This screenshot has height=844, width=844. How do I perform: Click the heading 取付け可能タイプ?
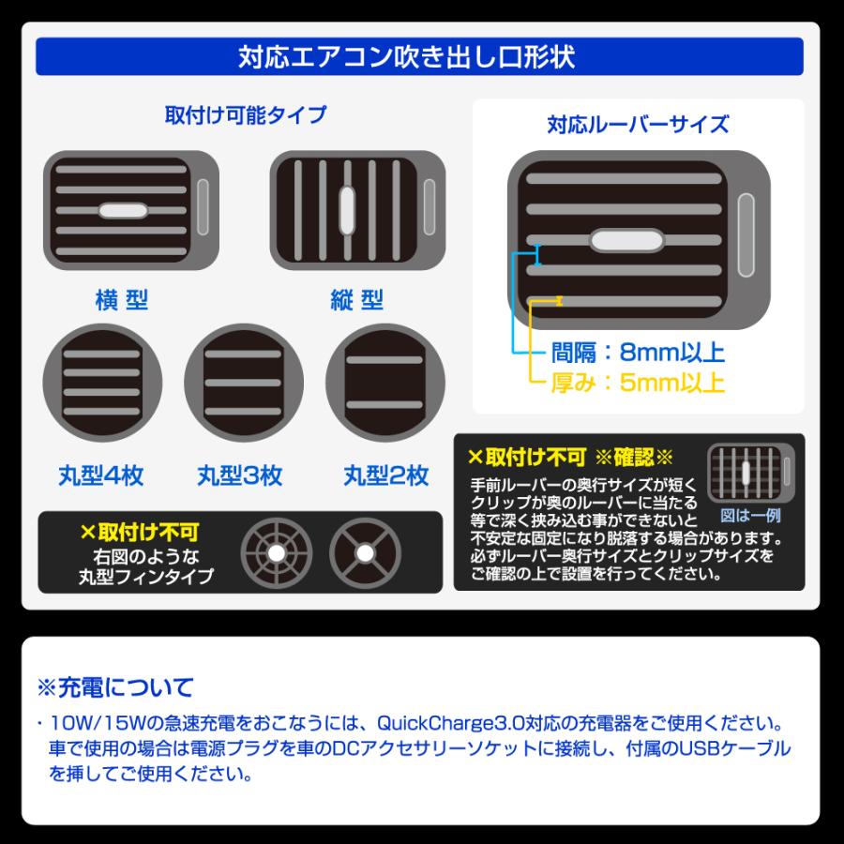coord(246,115)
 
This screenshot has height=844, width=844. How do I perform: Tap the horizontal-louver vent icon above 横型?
coord(131,209)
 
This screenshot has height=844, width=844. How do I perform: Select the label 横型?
coord(122,300)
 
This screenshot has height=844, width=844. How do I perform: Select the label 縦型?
coord(356,300)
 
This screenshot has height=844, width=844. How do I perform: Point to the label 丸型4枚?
coord(105,475)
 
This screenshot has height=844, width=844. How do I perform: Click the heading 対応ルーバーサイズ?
coord(638,124)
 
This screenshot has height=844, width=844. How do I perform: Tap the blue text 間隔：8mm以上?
coord(638,353)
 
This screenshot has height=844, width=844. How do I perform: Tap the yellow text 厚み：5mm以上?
coord(638,383)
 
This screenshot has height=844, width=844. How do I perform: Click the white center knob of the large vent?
coord(623,241)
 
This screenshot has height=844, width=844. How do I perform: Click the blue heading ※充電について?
coord(114,686)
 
